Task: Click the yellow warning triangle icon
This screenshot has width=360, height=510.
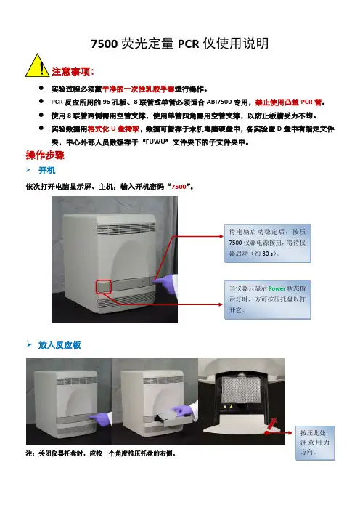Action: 37,65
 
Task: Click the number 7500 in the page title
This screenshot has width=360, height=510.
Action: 104,44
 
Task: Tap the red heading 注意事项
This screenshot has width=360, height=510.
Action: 71,71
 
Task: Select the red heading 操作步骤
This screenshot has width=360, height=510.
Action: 45,155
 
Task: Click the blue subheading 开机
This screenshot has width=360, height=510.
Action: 46,171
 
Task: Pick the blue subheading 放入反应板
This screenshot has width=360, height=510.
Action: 60,345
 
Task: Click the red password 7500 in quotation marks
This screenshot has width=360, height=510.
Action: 179,187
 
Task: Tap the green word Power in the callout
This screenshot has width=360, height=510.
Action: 277,288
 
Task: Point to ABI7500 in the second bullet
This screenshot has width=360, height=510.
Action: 219,102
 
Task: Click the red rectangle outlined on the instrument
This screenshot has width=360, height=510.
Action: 104,287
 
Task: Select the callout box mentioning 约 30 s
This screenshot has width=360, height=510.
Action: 267,243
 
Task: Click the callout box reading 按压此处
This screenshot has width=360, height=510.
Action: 314,442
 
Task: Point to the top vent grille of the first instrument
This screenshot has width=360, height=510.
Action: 126,229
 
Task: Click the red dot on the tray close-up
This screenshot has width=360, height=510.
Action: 266,433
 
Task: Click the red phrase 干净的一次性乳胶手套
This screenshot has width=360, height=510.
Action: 139,89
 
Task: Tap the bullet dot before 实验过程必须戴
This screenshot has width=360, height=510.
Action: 41,88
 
